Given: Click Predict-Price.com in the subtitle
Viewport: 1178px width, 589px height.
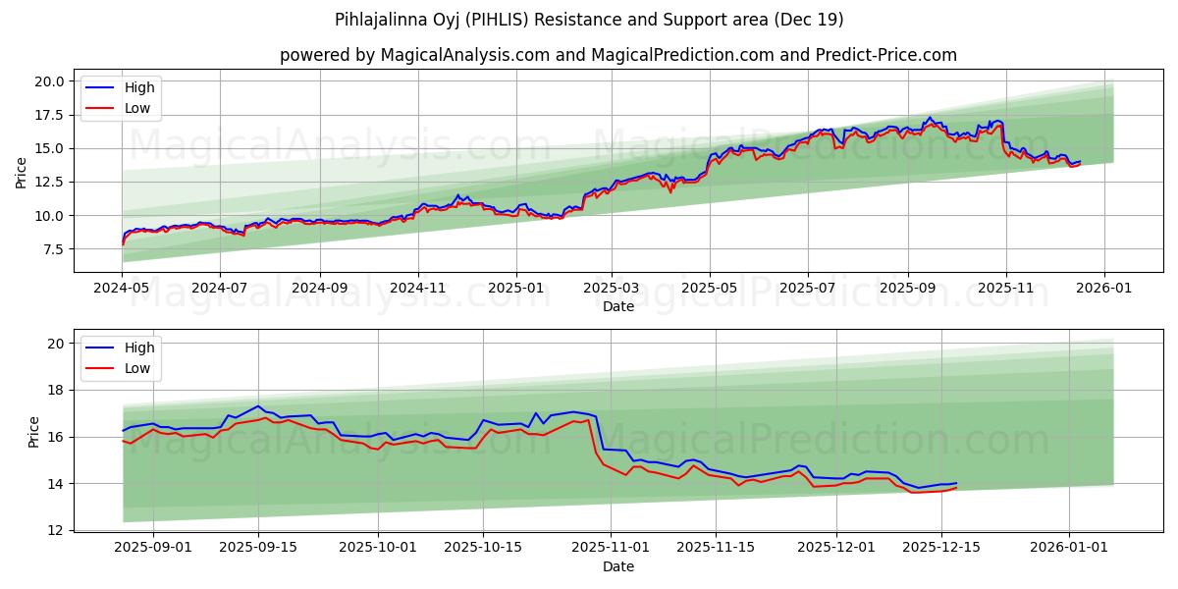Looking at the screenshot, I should [885, 55].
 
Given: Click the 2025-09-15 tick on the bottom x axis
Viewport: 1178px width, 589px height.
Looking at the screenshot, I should [259, 547].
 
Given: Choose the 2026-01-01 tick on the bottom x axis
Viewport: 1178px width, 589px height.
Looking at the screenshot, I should [1069, 547].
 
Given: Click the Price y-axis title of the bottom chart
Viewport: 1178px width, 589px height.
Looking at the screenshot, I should [34, 432].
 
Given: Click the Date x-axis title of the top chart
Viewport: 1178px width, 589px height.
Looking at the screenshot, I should [618, 306].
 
